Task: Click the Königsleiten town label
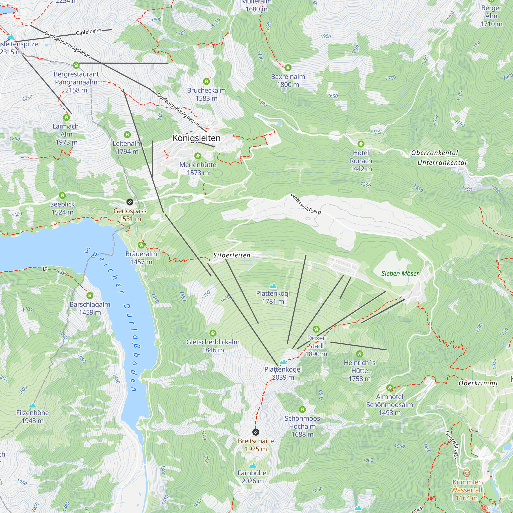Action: (x=196, y=138)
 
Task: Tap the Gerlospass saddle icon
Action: (x=130, y=202)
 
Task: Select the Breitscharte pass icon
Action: (x=256, y=432)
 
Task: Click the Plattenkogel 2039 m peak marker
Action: (x=283, y=362)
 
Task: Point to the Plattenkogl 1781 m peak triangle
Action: (x=273, y=286)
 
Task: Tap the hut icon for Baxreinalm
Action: (x=288, y=68)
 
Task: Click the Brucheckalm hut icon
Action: (x=206, y=82)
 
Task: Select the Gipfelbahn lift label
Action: (x=88, y=32)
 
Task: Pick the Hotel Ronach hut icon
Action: (x=361, y=144)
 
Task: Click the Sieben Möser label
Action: (x=400, y=273)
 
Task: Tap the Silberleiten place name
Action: (x=232, y=255)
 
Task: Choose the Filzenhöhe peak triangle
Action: (x=32, y=405)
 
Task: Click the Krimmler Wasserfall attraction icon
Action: (x=467, y=473)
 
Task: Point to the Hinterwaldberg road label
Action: (x=305, y=204)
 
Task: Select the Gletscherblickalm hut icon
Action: (x=213, y=333)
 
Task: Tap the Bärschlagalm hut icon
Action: (x=90, y=295)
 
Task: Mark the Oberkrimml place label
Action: (x=478, y=383)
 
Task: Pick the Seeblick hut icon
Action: (x=62, y=195)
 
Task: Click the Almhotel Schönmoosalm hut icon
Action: (x=390, y=388)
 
